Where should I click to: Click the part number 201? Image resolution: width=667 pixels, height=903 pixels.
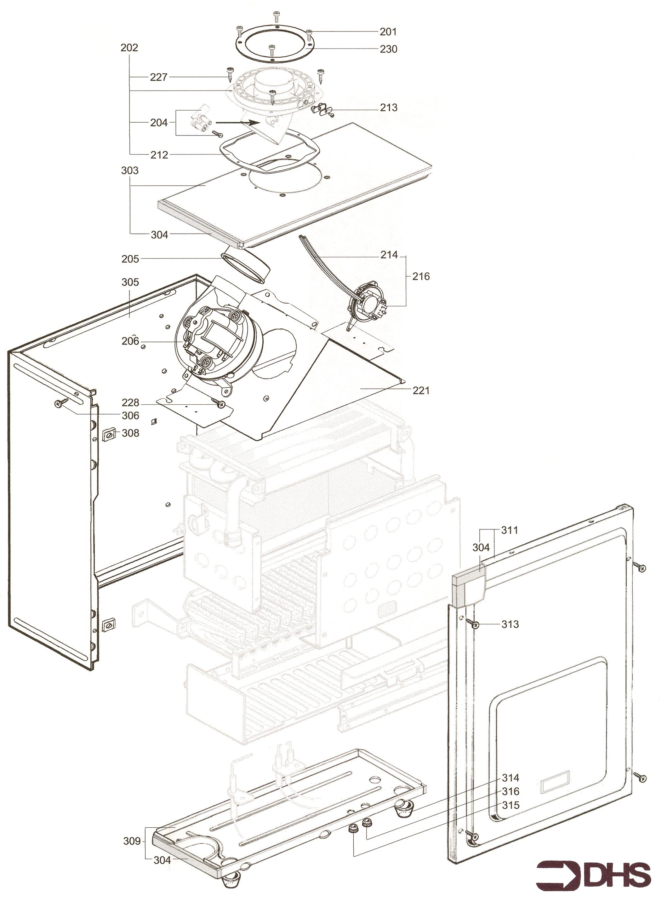point(388,32)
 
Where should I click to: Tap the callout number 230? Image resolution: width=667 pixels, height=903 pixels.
point(388,49)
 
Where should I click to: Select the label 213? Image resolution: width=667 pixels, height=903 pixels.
point(388,107)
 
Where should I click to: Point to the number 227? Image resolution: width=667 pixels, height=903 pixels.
point(159,77)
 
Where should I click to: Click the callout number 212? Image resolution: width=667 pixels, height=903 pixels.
point(159,155)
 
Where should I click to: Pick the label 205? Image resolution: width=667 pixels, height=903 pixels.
point(130,259)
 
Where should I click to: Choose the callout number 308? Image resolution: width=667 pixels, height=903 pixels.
point(130,433)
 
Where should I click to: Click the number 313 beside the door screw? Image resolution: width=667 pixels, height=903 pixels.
point(510,624)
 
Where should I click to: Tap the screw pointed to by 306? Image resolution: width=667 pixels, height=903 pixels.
point(61,402)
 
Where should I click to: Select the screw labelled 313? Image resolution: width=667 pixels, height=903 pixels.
point(474,625)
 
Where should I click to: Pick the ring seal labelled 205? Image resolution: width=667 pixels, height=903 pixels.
point(246,265)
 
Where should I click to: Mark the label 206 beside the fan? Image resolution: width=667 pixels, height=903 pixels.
point(130,341)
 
